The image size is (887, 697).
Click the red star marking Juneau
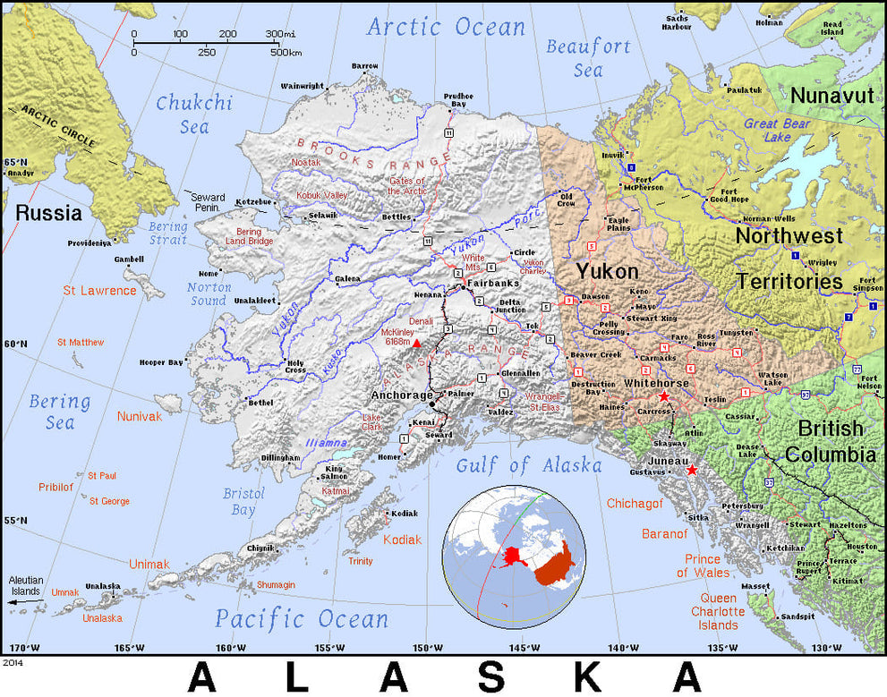tap(692, 470)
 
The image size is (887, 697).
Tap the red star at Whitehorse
tap(663, 396)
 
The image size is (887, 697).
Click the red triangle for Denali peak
tap(416, 343)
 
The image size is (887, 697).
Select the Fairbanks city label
tap(494, 285)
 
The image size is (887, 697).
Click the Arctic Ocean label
tap(446, 27)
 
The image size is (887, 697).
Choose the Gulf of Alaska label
tap(529, 465)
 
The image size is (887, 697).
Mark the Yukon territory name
tap(607, 271)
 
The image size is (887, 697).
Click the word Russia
tap(48, 214)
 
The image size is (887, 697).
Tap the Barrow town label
tap(364, 65)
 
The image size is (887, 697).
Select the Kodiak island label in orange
tap(402, 540)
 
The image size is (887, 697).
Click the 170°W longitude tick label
tap(24, 648)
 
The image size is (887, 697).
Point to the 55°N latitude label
tap(15, 521)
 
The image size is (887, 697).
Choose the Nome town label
tap(209, 273)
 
